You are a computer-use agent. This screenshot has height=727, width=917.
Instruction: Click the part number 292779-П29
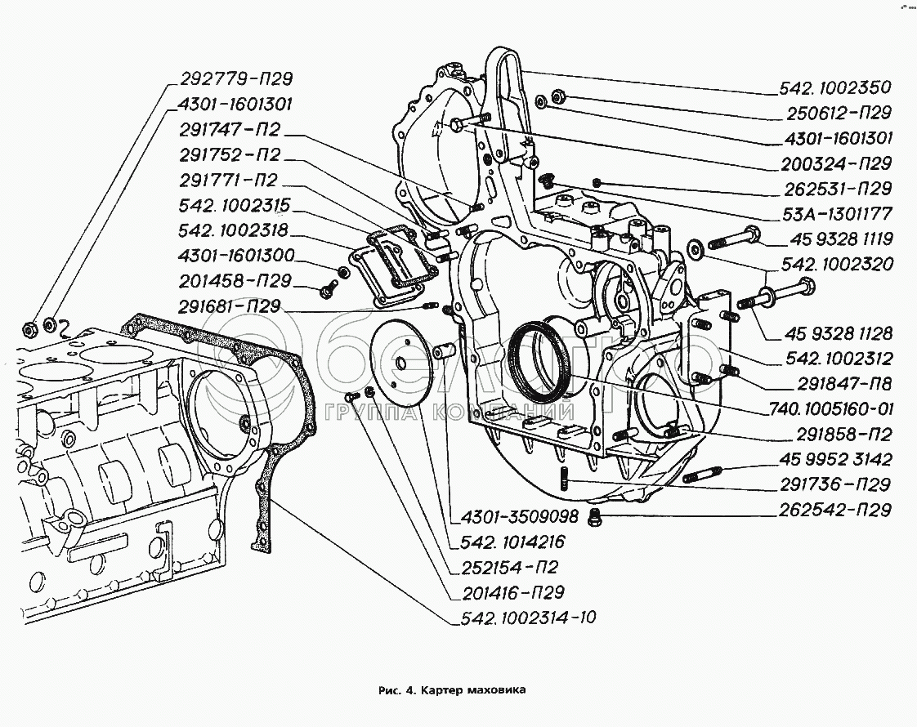pos(233,79)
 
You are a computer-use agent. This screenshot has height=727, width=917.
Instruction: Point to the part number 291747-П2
pos(233,130)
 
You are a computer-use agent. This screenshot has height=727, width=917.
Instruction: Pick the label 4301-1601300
pos(236,256)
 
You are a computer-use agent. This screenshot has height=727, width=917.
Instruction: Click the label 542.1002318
pos(234,230)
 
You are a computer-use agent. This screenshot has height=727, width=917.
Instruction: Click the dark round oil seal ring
pos(535,359)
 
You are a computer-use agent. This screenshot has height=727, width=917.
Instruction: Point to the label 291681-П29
pos(231,306)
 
